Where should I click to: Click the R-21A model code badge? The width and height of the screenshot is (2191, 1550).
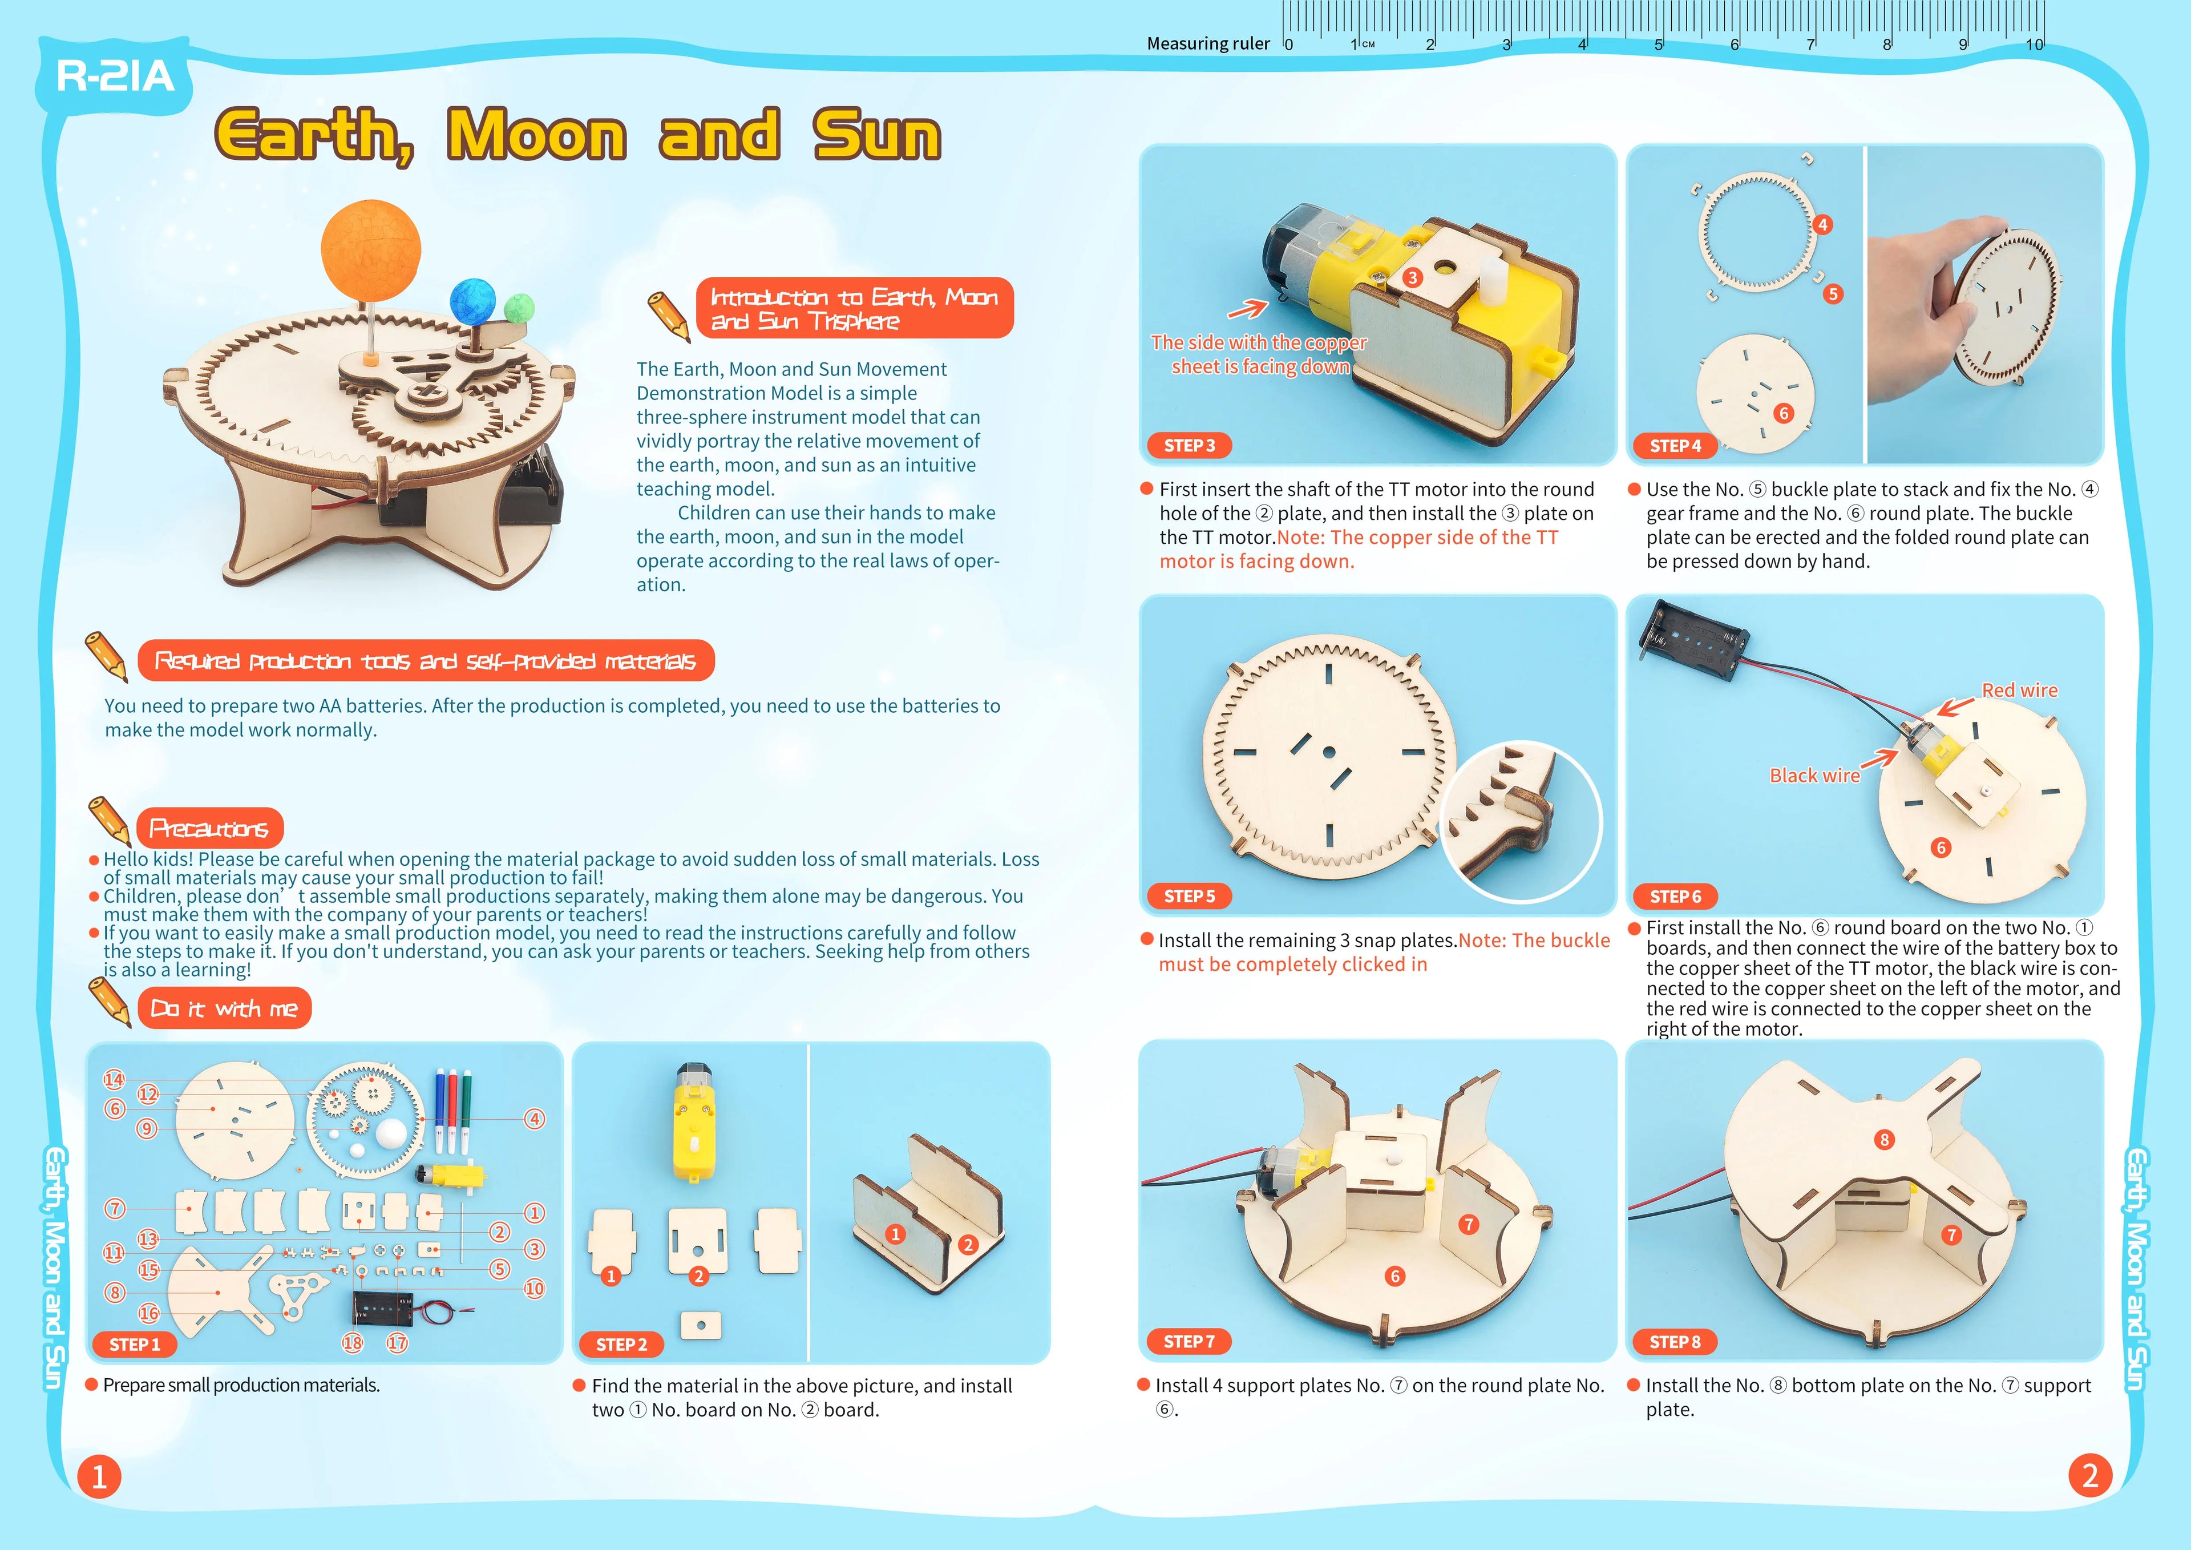pyautogui.click(x=115, y=76)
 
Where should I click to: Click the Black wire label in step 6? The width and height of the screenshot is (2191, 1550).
pyautogui.click(x=1814, y=775)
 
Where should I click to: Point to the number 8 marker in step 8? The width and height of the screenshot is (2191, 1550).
pyautogui.click(x=1883, y=1140)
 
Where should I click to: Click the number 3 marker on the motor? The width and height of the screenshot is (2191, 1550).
pyautogui.click(x=1412, y=278)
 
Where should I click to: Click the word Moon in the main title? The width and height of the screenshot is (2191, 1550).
pyautogui.click(x=536, y=135)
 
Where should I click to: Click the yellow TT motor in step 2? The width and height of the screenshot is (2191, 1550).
pyautogui.click(x=696, y=1123)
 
